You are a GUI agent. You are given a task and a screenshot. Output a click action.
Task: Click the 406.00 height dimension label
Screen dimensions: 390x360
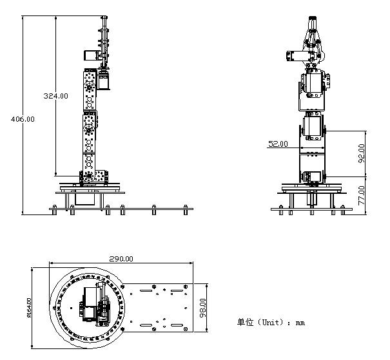(x=23, y=119)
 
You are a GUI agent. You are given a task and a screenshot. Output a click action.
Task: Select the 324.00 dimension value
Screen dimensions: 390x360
(x=55, y=96)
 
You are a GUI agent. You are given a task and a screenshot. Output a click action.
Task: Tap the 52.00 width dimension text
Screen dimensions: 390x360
(x=278, y=144)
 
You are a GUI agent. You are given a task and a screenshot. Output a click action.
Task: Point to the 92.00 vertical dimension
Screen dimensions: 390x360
(x=362, y=153)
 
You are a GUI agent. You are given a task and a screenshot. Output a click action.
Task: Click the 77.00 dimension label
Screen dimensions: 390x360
(x=362, y=196)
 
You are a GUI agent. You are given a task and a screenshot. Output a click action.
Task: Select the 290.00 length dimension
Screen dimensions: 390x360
(x=121, y=259)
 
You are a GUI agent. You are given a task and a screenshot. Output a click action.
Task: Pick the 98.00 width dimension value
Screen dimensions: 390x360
(x=203, y=308)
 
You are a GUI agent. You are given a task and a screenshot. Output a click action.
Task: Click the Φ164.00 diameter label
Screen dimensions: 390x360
(x=29, y=308)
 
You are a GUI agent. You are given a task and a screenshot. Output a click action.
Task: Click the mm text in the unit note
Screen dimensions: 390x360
(x=300, y=323)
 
